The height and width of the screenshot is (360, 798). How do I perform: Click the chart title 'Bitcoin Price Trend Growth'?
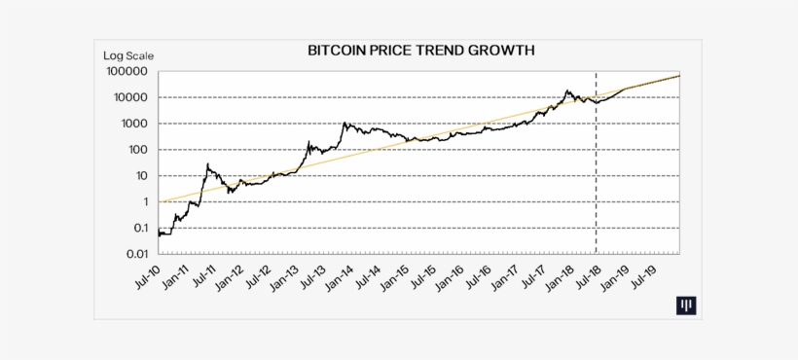coord(420,50)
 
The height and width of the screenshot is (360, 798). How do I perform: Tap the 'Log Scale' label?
coord(128,55)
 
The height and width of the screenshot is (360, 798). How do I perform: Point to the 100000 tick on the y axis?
coord(127,72)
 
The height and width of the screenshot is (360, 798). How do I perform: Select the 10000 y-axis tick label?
coord(129,98)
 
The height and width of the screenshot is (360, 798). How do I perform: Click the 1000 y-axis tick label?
coord(132,124)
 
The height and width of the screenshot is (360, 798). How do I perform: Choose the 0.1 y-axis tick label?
coord(136,228)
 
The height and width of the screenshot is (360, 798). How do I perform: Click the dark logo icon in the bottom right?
coord(687,306)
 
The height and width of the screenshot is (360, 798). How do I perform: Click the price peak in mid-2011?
coord(208,164)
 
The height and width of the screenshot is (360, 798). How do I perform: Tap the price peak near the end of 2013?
coord(344,123)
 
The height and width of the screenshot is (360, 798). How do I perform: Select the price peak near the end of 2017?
coord(567,91)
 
